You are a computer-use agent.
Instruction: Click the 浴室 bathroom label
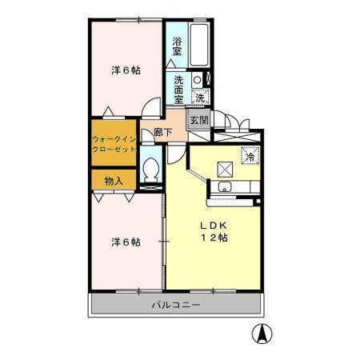pos(176,46)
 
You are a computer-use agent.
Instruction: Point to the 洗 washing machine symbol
pos(201,97)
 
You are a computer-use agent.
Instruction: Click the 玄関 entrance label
pos(198,119)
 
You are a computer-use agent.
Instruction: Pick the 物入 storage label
pos(114,181)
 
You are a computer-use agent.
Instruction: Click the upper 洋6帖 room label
pos(126,70)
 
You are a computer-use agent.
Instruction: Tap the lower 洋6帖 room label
pos(126,241)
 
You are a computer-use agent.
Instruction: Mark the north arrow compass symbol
pos(260,334)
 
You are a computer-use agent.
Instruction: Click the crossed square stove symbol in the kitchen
pos(225,168)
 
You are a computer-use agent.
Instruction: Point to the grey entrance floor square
pos(198,120)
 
